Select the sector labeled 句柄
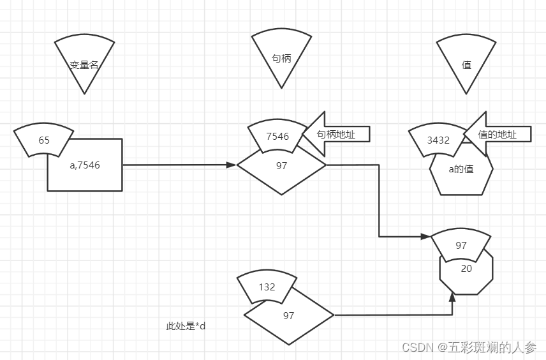(281, 57)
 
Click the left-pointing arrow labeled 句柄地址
(335, 134)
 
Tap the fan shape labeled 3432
(438, 140)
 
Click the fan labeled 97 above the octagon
(461, 245)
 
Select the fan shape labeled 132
(267, 287)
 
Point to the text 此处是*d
(186, 326)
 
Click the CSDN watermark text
(469, 347)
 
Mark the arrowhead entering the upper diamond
(232, 165)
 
